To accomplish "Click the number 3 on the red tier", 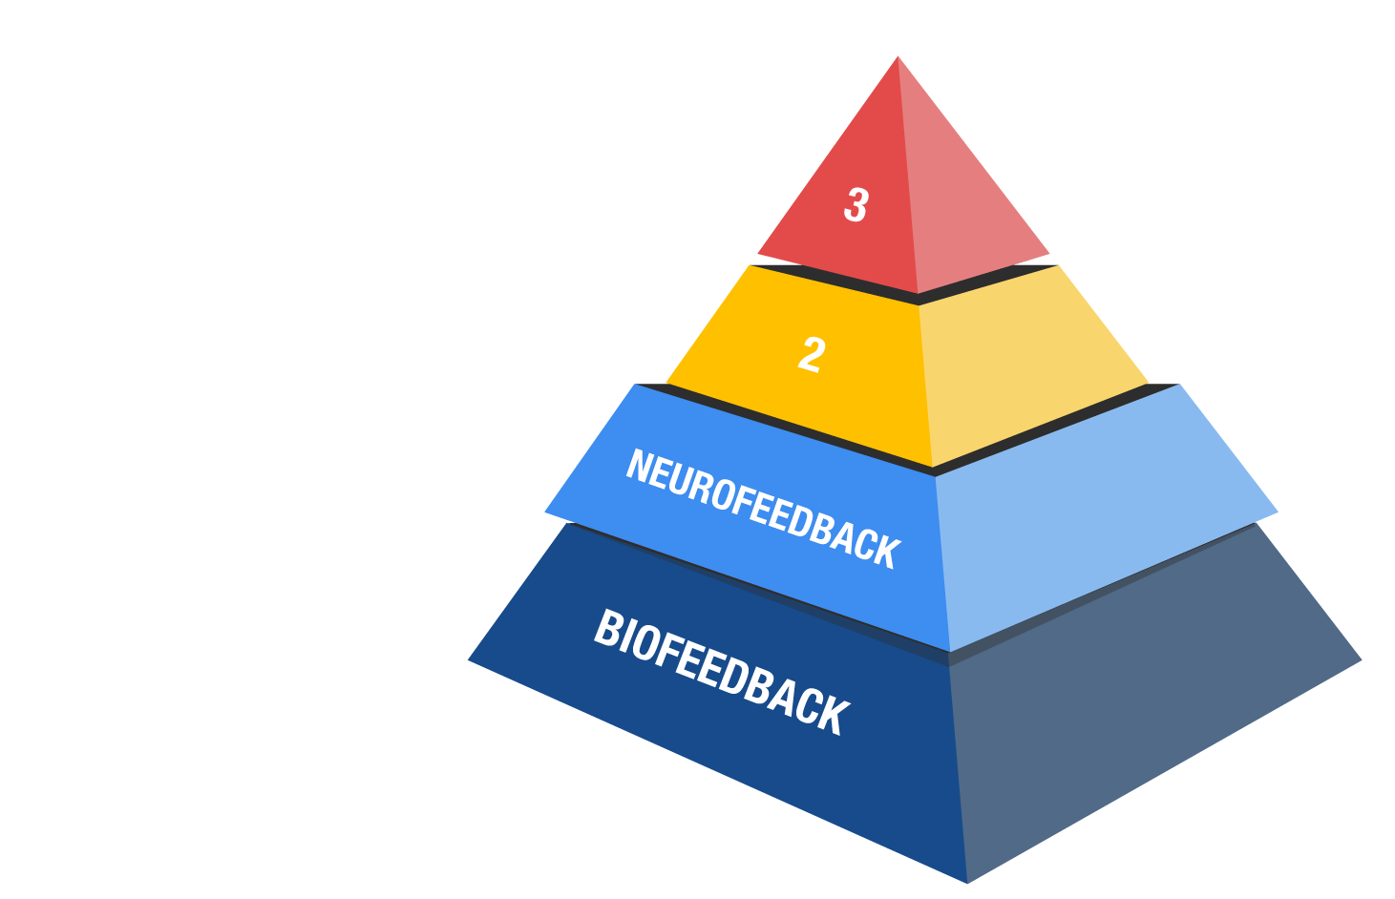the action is coord(856,205).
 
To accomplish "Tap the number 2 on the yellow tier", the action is coord(813,355).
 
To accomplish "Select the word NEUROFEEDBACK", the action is coord(764,509).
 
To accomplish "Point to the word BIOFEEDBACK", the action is coord(722,673).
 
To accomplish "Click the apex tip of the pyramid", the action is coord(898,56).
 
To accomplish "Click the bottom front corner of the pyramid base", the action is coord(967,883).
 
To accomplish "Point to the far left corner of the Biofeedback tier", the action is coord(468,659).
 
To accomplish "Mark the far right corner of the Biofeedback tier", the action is coord(1362,659).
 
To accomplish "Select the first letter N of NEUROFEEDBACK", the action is coord(638,465).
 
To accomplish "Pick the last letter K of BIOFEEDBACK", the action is coord(835,717).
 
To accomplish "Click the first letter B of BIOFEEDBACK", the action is coord(606,628).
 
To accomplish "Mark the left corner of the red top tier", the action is coord(758,254).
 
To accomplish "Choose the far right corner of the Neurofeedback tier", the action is coord(1278,512).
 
